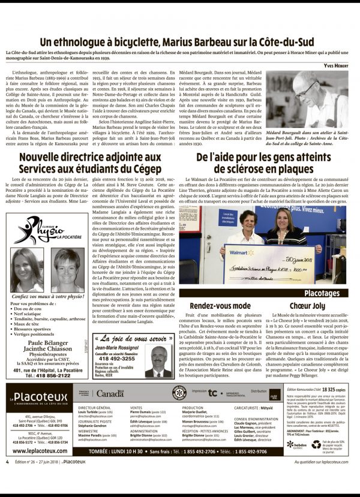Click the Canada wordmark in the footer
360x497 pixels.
point(111,394)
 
